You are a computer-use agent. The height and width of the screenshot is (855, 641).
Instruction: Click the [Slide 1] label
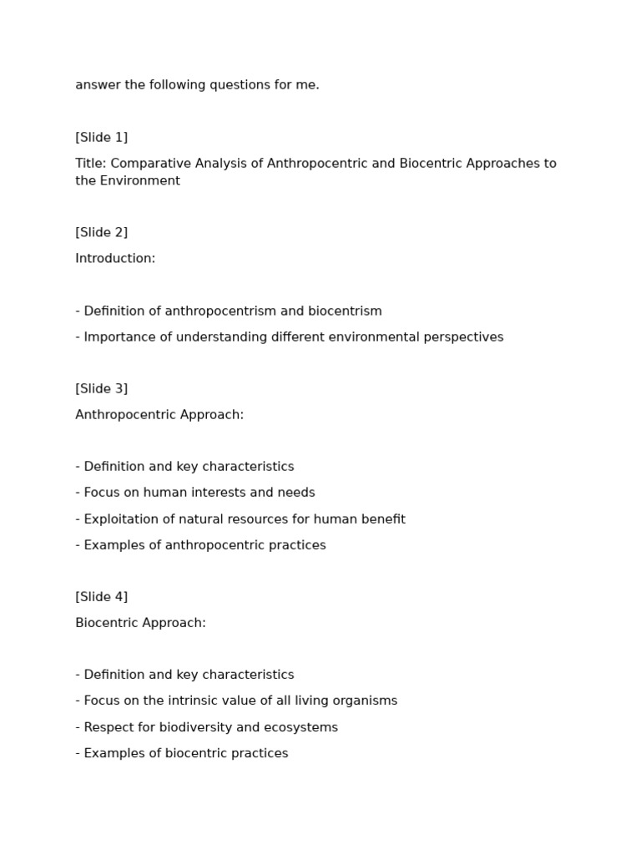coord(101,137)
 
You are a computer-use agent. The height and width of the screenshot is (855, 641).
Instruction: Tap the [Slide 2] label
coord(101,232)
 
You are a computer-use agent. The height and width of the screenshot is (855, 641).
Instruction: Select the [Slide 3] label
coord(101,388)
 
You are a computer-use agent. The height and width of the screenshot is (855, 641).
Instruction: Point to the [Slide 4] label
coord(101,596)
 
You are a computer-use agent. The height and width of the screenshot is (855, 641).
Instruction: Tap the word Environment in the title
coord(139,181)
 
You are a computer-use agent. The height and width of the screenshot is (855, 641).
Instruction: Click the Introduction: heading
coord(115,259)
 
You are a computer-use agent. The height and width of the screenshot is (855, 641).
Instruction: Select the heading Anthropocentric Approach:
coord(159,415)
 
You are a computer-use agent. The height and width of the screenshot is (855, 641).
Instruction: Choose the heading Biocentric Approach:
coord(140,623)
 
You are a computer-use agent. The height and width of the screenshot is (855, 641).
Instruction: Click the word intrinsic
coord(200,701)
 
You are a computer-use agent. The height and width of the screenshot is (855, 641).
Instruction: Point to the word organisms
coord(364,701)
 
